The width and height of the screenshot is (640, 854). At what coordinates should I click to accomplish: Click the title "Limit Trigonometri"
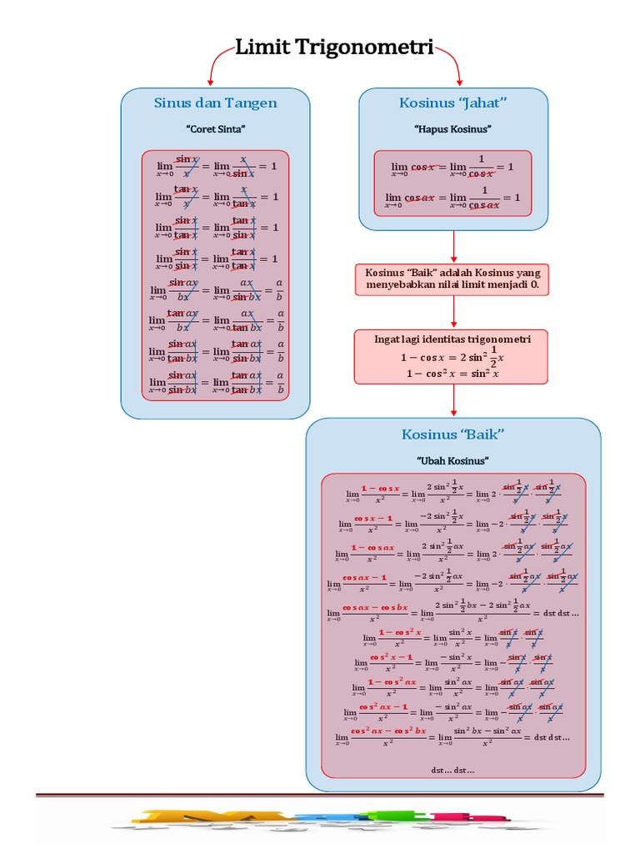(334, 48)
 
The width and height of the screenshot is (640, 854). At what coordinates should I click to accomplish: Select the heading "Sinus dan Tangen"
(215, 103)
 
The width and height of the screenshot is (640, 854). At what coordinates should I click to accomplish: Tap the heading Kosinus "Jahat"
(453, 103)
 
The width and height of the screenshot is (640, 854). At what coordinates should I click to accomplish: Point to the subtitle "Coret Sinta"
(215, 129)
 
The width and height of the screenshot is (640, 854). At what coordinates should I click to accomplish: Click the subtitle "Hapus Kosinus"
(453, 129)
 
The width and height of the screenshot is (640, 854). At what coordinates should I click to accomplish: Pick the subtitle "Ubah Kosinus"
(452, 460)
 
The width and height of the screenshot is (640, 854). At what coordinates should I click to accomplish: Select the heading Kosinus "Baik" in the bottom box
(453, 435)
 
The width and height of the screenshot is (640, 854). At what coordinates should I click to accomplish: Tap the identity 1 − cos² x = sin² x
(452, 374)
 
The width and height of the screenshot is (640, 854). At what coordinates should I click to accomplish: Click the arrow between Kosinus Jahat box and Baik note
(453, 246)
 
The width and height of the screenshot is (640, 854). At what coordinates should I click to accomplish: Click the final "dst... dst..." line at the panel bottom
(452, 770)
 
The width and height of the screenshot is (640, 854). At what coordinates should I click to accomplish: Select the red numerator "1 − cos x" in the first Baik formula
(380, 488)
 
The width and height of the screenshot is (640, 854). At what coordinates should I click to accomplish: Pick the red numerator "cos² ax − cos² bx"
(388, 731)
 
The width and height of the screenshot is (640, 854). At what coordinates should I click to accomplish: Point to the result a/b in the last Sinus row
(280, 384)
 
